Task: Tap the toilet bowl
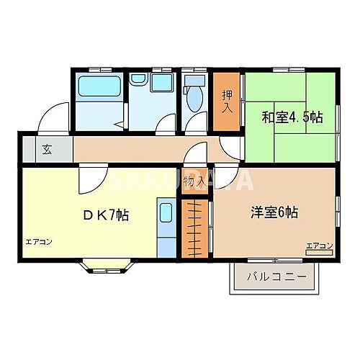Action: click(x=193, y=94)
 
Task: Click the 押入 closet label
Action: click(x=226, y=100)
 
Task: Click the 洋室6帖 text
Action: click(x=275, y=213)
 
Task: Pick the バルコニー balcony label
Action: click(x=276, y=276)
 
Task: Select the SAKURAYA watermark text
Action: click(x=180, y=180)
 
